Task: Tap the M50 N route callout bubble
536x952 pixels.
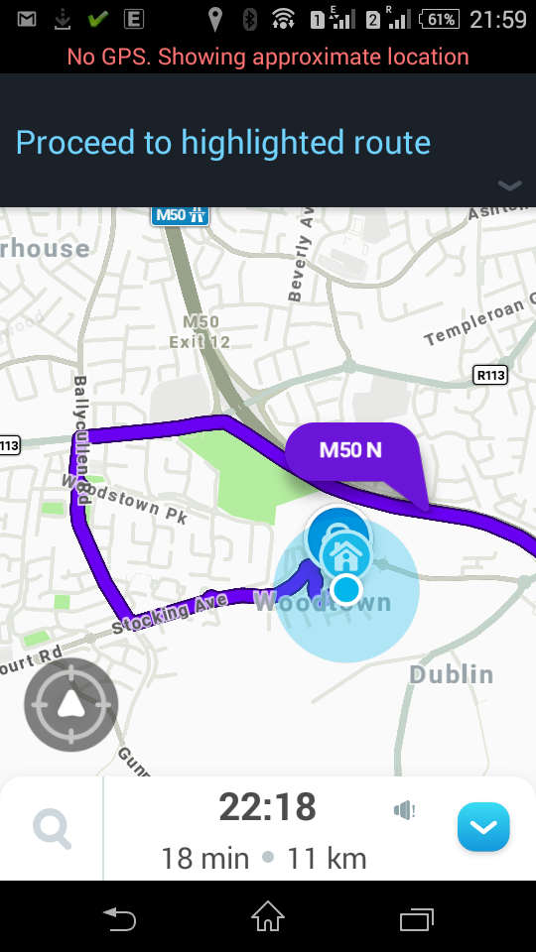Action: (x=350, y=451)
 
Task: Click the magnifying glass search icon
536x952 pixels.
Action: (x=52, y=828)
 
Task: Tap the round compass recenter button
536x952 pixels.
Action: (x=71, y=705)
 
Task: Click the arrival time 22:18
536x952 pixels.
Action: (x=267, y=807)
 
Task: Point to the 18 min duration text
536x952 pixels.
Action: (x=204, y=858)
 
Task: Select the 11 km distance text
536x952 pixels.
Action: (x=327, y=858)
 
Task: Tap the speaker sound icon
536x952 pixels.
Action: (x=404, y=811)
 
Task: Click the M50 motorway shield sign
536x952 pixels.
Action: (x=181, y=214)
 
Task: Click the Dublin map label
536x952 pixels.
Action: (x=451, y=674)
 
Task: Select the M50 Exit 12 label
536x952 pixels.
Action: (x=206, y=332)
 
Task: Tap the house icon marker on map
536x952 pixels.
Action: (x=345, y=552)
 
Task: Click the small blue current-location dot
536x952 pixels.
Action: (x=346, y=589)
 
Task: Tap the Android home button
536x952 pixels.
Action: (x=268, y=918)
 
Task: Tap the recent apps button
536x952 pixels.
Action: (x=417, y=918)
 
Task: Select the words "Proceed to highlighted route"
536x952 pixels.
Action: (x=223, y=143)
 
